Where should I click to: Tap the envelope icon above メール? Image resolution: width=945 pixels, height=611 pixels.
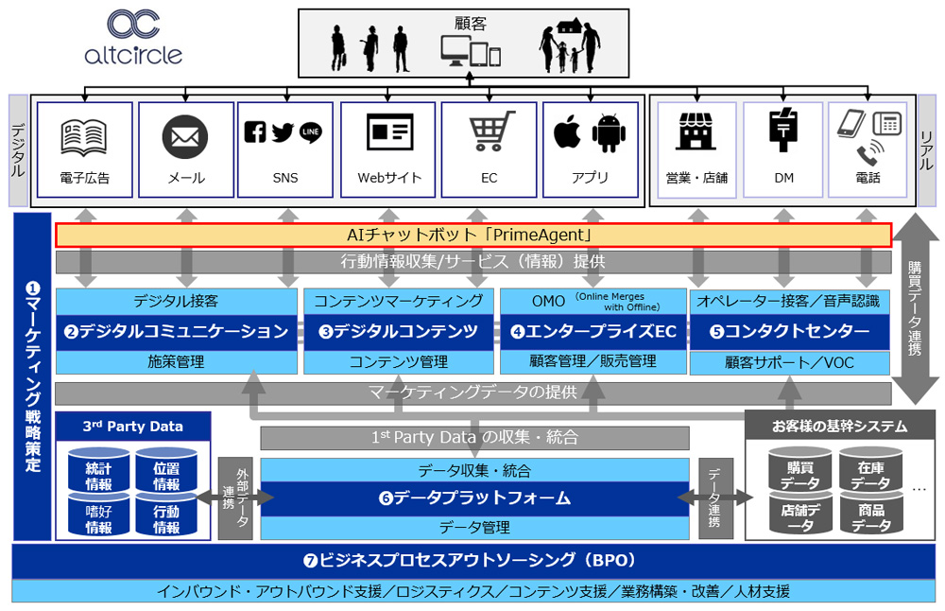point(185,137)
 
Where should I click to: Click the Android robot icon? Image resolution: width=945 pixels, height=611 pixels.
point(610,133)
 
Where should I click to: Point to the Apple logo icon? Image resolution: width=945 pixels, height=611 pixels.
point(567,133)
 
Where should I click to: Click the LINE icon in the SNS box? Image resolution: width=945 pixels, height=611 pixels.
point(311,132)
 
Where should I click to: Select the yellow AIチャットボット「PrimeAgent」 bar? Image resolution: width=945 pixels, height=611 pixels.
point(473,235)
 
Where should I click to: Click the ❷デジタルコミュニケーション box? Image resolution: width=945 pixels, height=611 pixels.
point(176,331)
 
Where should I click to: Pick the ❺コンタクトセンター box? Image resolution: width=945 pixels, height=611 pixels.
point(789,331)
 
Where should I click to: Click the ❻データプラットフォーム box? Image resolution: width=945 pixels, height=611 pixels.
point(474,498)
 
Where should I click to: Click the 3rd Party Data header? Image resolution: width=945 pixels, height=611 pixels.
point(132,427)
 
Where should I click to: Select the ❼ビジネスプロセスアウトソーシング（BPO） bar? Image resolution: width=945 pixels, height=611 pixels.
point(472,560)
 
